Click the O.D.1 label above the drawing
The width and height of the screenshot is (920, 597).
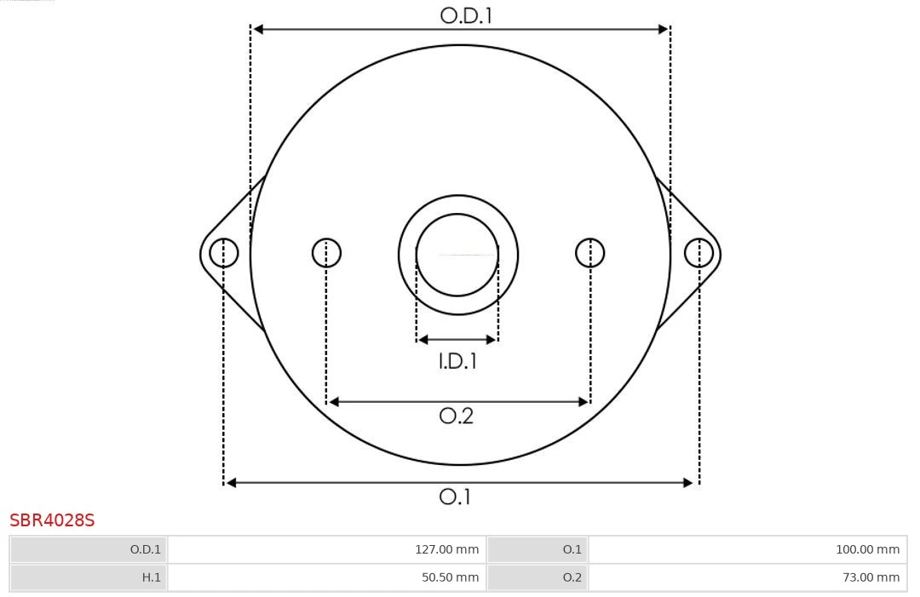tap(466, 15)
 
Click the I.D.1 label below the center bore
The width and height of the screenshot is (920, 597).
tap(457, 362)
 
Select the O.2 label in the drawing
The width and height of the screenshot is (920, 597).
tap(456, 416)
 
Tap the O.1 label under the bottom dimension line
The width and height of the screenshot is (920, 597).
tap(455, 497)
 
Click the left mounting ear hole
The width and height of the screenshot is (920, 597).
tap(224, 253)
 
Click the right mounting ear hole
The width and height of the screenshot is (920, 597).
tap(699, 253)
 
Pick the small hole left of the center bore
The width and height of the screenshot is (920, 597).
tap(326, 253)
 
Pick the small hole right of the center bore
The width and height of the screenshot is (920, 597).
tap(590, 253)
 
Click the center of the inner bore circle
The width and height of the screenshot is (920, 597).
tap(457, 255)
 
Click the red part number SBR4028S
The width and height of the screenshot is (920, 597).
tap(52, 520)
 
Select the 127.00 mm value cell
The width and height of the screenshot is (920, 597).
tap(446, 549)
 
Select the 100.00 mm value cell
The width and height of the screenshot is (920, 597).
tap(867, 549)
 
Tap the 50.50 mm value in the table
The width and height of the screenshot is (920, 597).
tap(450, 577)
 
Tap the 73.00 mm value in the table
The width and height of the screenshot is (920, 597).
tap(871, 577)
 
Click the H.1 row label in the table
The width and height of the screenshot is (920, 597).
tap(151, 577)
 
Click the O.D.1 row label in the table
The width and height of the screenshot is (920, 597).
tap(145, 549)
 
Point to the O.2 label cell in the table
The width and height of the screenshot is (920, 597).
tap(572, 577)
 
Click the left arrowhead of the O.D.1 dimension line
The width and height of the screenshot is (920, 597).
tap(258, 29)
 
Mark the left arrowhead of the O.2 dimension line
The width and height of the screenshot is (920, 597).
tap(334, 402)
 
